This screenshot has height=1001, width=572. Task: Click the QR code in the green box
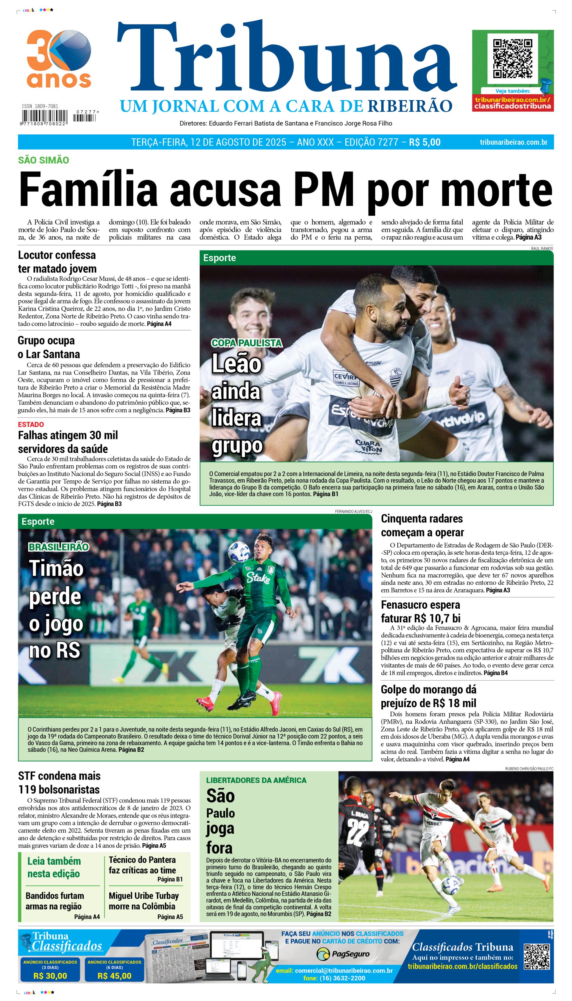point(512,58)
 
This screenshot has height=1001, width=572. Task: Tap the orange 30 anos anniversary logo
point(59,59)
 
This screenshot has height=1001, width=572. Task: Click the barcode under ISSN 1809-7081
point(44,117)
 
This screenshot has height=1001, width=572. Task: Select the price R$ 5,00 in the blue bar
point(424,142)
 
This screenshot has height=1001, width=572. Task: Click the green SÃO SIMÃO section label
point(43,160)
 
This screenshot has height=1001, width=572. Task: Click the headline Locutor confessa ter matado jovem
point(57,262)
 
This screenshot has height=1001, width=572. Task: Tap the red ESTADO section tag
point(31,424)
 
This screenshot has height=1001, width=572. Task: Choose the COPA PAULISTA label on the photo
point(247,343)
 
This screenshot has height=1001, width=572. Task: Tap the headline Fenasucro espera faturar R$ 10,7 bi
point(420,611)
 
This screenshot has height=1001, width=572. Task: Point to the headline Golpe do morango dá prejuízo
point(428,696)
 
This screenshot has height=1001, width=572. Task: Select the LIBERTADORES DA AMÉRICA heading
point(256,780)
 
